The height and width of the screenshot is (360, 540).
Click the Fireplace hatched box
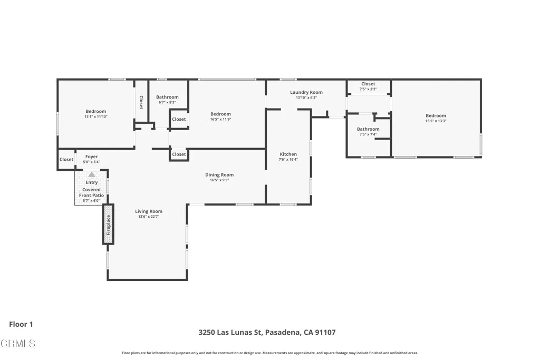click(x=108, y=224)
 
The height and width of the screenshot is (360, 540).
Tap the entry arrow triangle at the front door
click(x=92, y=174)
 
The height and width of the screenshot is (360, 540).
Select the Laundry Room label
click(x=306, y=92)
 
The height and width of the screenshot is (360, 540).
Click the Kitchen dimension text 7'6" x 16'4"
click(x=288, y=160)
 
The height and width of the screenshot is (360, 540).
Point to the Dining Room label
click(x=219, y=175)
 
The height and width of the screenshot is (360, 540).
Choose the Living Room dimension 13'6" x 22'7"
click(x=149, y=217)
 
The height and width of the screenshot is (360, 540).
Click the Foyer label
click(x=92, y=157)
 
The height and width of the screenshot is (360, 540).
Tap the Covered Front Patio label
click(x=92, y=192)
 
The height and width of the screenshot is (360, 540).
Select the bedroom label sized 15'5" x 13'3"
click(x=436, y=116)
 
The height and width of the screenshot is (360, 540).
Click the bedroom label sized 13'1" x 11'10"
click(x=96, y=111)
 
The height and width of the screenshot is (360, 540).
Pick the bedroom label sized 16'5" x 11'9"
click(x=220, y=114)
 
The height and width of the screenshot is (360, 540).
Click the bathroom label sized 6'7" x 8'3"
click(x=167, y=97)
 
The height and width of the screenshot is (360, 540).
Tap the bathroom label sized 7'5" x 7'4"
click(x=368, y=129)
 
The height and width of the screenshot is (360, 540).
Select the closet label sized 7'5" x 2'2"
click(x=368, y=84)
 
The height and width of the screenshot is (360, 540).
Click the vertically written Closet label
click(x=141, y=102)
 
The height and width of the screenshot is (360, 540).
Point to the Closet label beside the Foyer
click(x=66, y=160)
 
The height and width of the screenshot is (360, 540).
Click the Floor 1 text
click(x=21, y=325)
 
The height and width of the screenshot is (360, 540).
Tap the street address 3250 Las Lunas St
click(x=230, y=333)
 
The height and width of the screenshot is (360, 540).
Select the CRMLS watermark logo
click(x=18, y=344)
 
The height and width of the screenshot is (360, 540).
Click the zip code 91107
click(x=325, y=333)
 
